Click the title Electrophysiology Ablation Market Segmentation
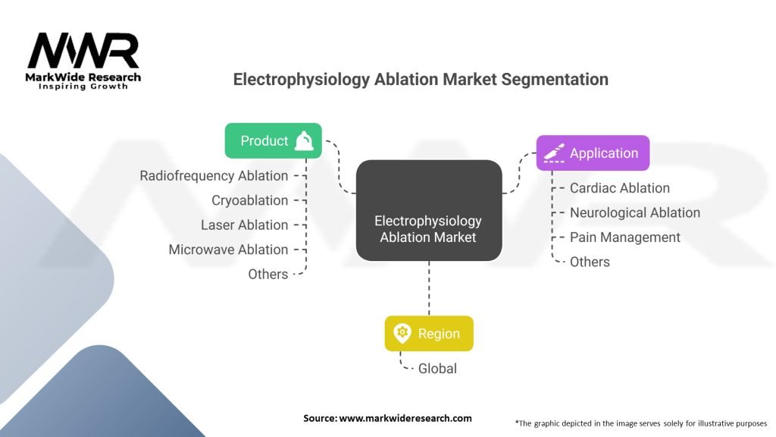(420, 80)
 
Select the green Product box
(274, 140)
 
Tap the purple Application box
(593, 152)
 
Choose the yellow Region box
(429, 333)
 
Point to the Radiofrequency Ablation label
(214, 175)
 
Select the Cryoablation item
(249, 200)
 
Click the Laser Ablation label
(244, 225)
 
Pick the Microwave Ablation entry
(228, 250)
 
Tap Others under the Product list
(268, 274)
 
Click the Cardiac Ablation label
(620, 188)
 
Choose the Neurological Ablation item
(635, 212)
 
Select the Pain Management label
(625, 237)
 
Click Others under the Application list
(590, 262)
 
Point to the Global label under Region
(437, 369)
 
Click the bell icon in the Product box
(304, 140)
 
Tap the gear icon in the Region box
(402, 333)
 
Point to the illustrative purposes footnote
(641, 423)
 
